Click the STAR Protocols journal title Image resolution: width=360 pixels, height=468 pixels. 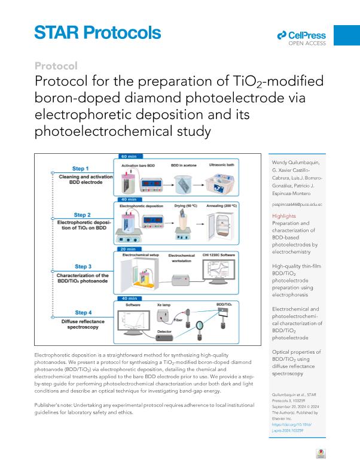97,32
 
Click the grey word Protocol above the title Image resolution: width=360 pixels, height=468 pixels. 56,66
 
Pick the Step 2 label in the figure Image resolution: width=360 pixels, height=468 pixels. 82,214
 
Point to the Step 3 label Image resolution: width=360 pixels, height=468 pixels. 83,266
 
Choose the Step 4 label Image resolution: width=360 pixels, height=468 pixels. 83,312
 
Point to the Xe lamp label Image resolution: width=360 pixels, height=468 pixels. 164,305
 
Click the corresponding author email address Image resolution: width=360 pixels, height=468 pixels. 297,205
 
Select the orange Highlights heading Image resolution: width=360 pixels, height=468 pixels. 283,215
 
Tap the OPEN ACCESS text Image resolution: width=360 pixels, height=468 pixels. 307,43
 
